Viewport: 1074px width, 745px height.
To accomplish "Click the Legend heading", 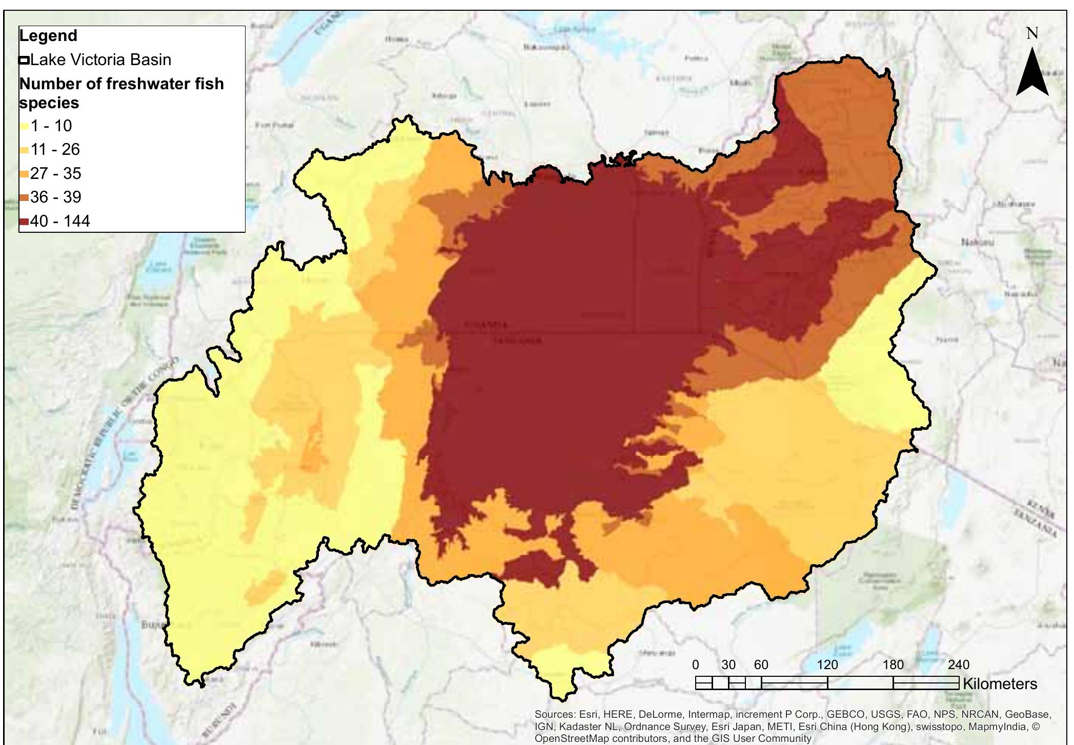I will point(48,36).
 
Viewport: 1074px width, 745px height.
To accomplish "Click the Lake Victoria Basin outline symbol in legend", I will point(24,61).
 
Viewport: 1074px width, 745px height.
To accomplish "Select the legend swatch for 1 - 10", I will point(24,127).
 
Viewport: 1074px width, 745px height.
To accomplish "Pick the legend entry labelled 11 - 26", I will point(55,150).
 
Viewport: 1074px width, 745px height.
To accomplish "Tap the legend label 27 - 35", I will point(55,174).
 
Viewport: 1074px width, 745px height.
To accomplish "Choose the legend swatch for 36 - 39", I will point(24,198).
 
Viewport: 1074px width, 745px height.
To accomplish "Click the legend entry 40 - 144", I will point(59,222).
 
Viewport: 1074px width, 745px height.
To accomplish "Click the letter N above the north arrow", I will point(1032,34).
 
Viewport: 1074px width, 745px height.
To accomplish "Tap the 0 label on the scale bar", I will point(695,665).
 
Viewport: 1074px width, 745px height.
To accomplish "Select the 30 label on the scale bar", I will point(728,665).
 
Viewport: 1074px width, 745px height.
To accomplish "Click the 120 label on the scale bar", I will point(827,665).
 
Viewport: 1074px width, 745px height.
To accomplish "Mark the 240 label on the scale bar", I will point(958,665).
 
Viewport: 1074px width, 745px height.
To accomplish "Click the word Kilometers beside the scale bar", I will point(1000,684).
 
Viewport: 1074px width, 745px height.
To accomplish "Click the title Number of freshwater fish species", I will point(121,93).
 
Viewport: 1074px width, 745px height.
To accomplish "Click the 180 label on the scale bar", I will point(893,665).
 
